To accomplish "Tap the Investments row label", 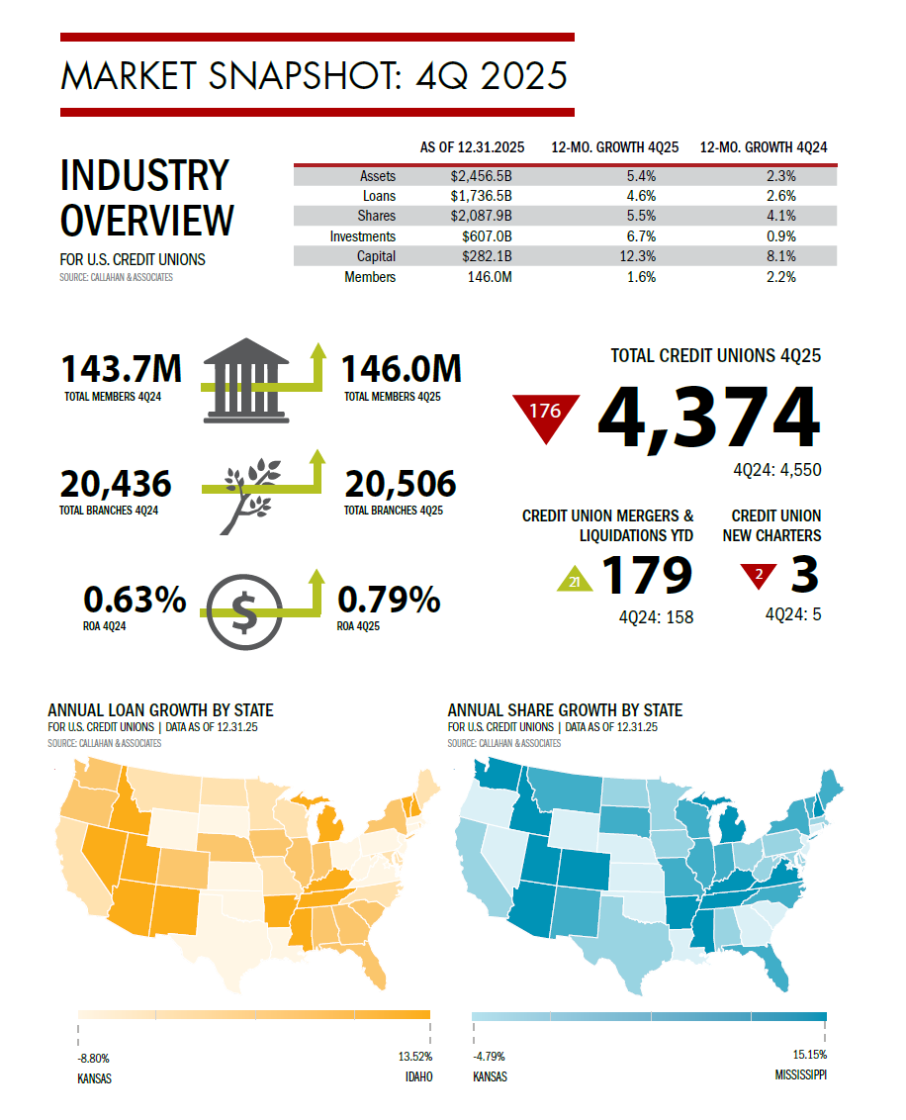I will [363, 236].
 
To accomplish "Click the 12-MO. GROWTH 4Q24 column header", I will [763, 147].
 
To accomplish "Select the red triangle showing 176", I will [545, 413].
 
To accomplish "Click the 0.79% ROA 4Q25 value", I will [389, 600].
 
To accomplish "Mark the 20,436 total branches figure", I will [116, 484].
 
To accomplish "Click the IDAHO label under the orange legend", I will [418, 1077].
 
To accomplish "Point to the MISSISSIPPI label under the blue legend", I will [796, 1074].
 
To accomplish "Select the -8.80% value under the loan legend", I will [94, 1058].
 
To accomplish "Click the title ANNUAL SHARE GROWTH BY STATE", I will [565, 710].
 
